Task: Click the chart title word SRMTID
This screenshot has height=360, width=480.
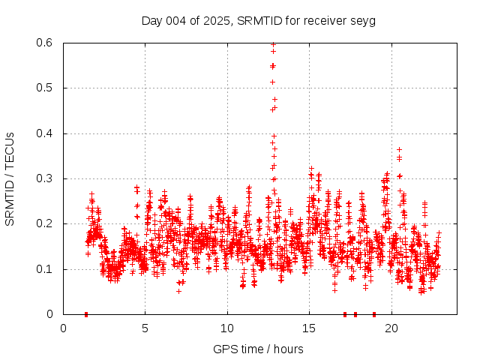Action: coord(259,20)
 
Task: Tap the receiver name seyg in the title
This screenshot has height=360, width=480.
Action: coord(363,20)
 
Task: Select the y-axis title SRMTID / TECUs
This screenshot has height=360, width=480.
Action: coord(10,178)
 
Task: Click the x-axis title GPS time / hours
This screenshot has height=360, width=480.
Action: coord(258,349)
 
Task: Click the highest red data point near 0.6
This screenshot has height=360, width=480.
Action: coord(273,44)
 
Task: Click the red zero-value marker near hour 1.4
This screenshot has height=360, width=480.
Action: coord(86,314)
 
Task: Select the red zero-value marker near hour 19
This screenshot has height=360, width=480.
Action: coord(374,314)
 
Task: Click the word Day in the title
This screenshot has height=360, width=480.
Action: coord(151,20)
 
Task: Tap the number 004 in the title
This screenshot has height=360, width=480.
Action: coord(177,20)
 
